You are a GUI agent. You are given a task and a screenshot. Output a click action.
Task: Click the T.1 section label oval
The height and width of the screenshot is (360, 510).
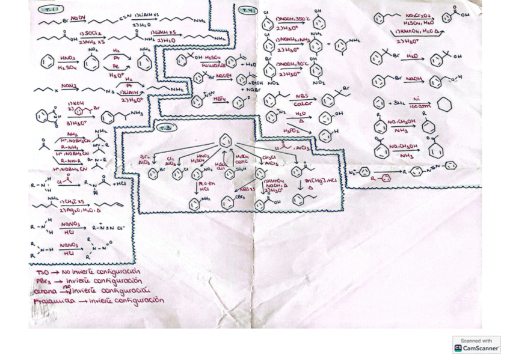pyautogui.click(x=48, y=10)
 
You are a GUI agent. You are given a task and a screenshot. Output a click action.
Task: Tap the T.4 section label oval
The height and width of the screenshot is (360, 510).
pyautogui.click(x=248, y=10)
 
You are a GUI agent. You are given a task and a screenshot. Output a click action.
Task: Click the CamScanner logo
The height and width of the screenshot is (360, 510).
pyautogui.click(x=476, y=344)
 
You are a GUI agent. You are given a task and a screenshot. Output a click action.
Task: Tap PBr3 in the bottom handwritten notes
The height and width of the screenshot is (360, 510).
pyautogui.click(x=41, y=281)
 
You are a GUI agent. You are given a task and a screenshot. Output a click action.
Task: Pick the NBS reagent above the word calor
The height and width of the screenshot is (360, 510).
pyautogui.click(x=302, y=96)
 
